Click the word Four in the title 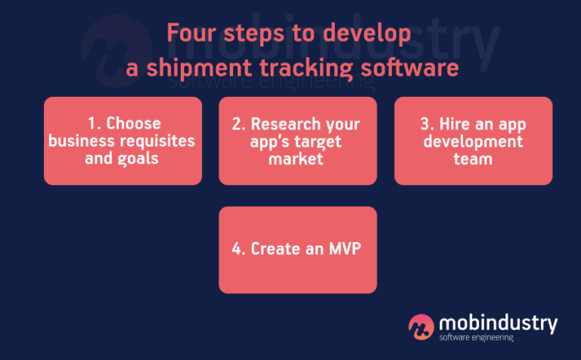(x=190, y=35)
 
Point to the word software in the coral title (x=408, y=67)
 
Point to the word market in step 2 (x=297, y=160)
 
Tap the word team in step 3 (x=474, y=160)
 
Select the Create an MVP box (x=297, y=250)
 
